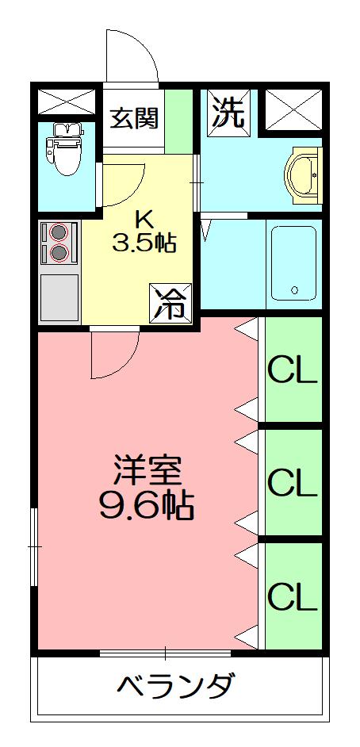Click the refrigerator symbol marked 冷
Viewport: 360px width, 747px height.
click(172, 301)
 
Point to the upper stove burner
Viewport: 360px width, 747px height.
click(59, 233)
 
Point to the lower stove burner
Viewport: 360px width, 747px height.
click(59, 253)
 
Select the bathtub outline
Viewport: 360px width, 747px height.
click(293, 263)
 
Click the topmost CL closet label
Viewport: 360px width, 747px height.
click(292, 370)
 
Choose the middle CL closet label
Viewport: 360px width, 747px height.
click(292, 481)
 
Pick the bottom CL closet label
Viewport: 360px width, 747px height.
click(292, 596)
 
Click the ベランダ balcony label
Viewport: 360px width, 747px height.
click(176, 685)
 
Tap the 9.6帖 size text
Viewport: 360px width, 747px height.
click(147, 505)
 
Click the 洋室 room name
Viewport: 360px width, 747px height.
click(147, 471)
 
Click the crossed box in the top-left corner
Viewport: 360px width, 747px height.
click(66, 101)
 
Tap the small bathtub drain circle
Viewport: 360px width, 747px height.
click(294, 290)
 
